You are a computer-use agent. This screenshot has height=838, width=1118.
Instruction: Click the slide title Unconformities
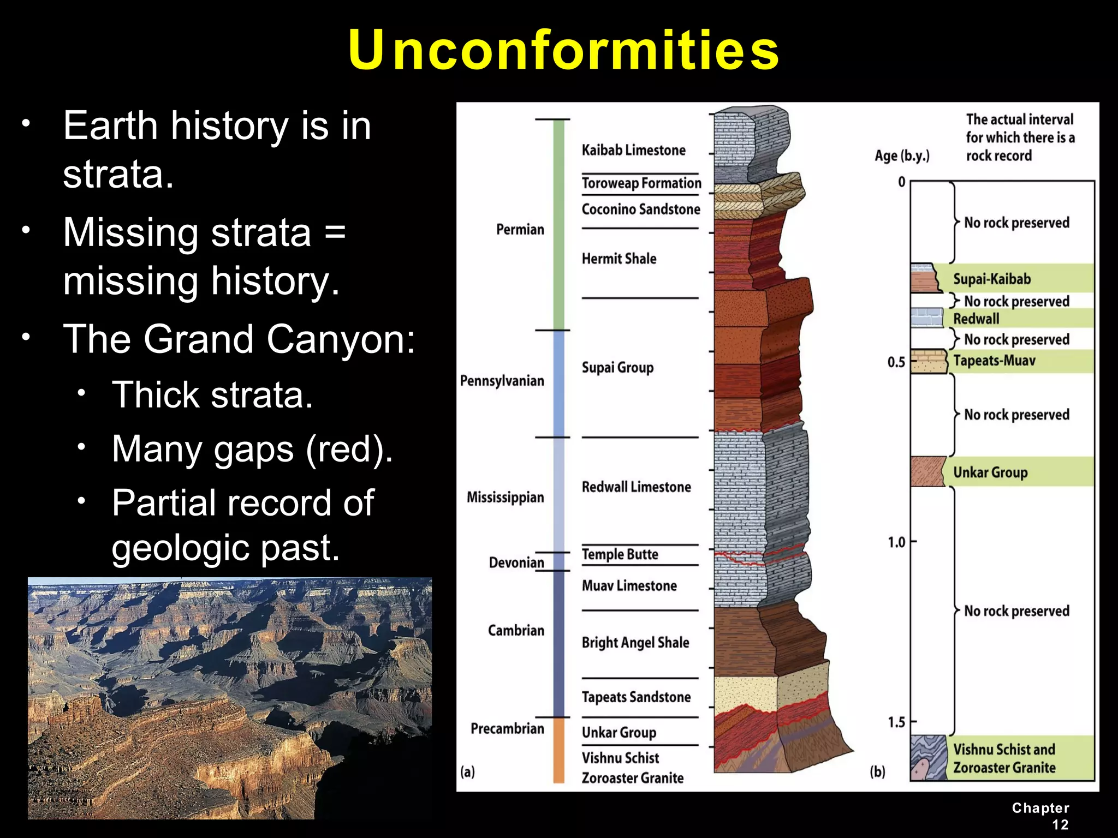pyautogui.click(x=563, y=50)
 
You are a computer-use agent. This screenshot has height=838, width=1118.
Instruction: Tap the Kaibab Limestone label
pyautogui.click(x=633, y=150)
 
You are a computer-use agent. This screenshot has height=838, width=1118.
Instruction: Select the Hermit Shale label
pyautogui.click(x=619, y=259)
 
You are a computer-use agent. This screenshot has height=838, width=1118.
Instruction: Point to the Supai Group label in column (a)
pyautogui.click(x=617, y=367)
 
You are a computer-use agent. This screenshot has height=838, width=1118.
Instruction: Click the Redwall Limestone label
pyautogui.click(x=636, y=487)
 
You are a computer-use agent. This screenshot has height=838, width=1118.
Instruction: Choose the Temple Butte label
pyautogui.click(x=620, y=554)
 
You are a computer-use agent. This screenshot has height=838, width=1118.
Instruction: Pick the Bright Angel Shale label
pyautogui.click(x=635, y=643)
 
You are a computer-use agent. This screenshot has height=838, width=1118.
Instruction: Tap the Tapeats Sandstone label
pyautogui.click(x=636, y=697)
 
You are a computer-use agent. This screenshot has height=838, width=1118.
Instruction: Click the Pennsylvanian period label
pyautogui.click(x=502, y=381)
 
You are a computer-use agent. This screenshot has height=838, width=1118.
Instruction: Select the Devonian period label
pyautogui.click(x=516, y=562)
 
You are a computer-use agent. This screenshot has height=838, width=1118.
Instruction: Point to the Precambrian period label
pyautogui.click(x=507, y=729)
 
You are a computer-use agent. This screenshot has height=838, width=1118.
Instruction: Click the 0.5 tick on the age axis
pyautogui.click(x=896, y=362)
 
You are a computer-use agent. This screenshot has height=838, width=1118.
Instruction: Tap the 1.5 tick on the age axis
pyautogui.click(x=896, y=722)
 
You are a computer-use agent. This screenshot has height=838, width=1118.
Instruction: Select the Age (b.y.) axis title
pyautogui.click(x=902, y=156)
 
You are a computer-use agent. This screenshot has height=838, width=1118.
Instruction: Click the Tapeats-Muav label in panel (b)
pyautogui.click(x=994, y=361)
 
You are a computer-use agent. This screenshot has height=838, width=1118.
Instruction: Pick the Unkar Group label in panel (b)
pyautogui.click(x=990, y=472)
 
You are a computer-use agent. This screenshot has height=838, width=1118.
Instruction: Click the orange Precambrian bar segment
pyautogui.click(x=559, y=750)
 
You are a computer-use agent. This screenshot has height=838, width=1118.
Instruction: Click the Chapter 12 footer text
pyautogui.click(x=1040, y=816)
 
